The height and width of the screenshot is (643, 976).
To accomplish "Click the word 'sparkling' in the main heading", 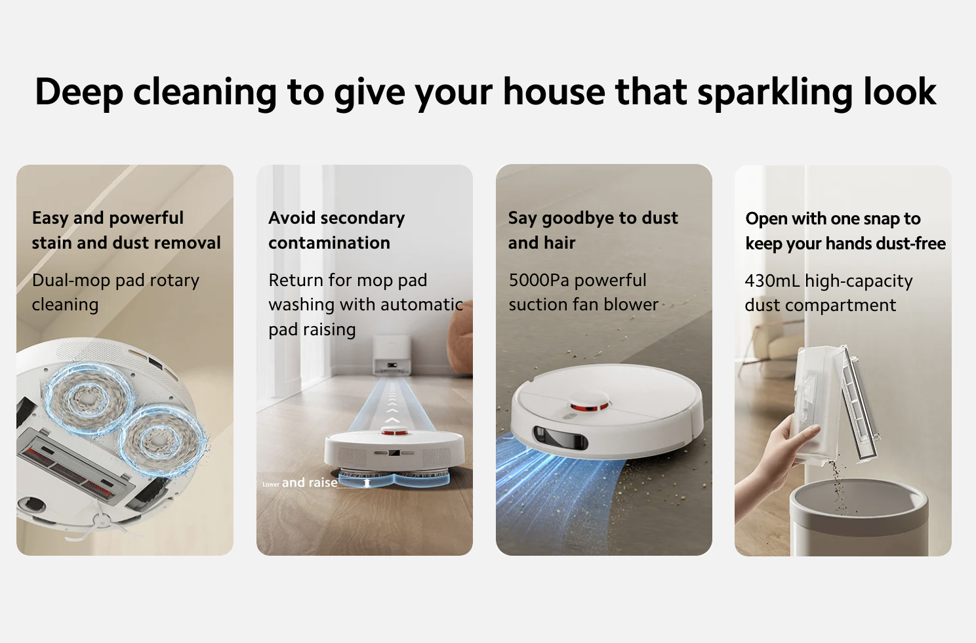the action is click(x=774, y=93).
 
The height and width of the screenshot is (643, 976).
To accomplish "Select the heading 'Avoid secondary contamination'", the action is click(x=336, y=230).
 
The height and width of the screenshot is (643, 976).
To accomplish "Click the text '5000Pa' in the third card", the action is click(x=539, y=280).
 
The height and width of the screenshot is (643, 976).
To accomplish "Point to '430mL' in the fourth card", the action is click(x=772, y=281).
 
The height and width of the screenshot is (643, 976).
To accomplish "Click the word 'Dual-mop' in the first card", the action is click(x=71, y=280).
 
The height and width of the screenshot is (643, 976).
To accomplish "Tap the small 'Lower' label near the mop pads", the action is click(x=271, y=484).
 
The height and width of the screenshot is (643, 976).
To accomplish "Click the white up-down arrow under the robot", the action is click(x=367, y=482).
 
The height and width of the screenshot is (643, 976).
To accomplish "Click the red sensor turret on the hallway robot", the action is click(x=394, y=431).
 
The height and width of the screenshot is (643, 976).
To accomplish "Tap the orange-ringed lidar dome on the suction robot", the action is click(x=589, y=403).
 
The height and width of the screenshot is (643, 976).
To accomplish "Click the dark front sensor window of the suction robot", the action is click(x=560, y=438).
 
